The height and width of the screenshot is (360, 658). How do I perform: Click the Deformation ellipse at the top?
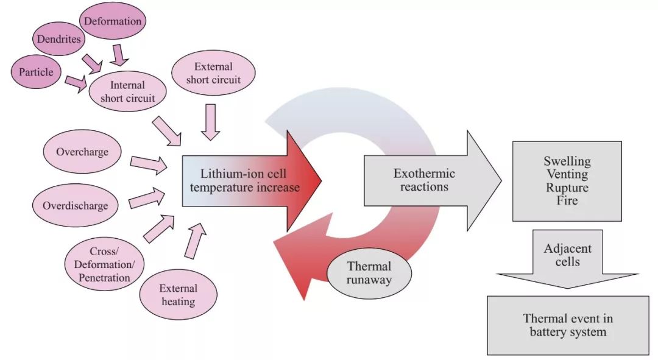pyautogui.click(x=113, y=22)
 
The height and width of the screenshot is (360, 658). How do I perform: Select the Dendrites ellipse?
pyautogui.click(x=57, y=40)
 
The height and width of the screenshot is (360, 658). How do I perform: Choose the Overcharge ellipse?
pyautogui.click(x=82, y=151)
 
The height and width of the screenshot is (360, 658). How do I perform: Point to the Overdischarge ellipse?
pyautogui.click(x=75, y=205)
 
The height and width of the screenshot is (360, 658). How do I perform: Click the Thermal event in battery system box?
pyautogui.click(x=568, y=325)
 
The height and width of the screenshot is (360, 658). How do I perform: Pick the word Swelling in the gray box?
pyautogui.click(x=567, y=161)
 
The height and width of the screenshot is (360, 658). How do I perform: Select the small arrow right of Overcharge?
pyautogui.click(x=149, y=163)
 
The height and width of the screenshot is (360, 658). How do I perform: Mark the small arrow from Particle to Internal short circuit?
pyautogui.click(x=76, y=83)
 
